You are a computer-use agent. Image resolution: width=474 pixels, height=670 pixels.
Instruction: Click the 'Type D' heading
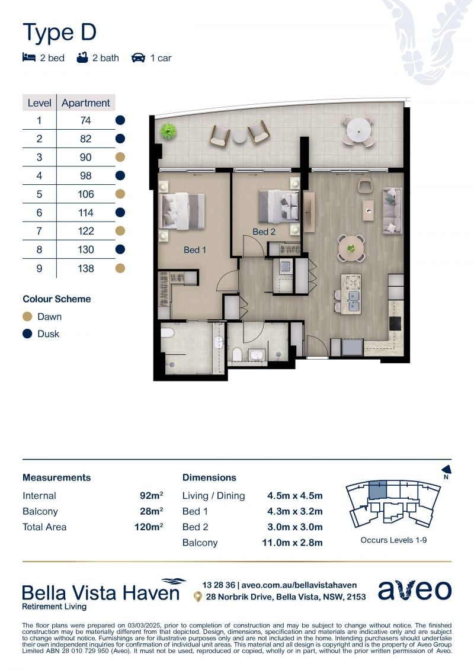click(x=59, y=33)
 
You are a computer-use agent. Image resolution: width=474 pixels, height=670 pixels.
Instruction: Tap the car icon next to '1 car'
click(x=138, y=57)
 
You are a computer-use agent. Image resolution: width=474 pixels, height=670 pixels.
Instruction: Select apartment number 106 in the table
click(x=85, y=194)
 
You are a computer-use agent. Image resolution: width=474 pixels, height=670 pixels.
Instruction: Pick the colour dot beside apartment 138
click(x=120, y=268)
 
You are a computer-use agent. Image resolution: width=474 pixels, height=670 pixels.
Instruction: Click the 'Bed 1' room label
click(x=194, y=250)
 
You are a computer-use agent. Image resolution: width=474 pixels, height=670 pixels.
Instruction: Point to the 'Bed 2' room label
click(x=264, y=232)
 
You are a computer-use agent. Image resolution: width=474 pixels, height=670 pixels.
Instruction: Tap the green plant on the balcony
click(x=168, y=131)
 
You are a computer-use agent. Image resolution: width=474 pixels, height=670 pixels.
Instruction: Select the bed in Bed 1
click(x=182, y=211)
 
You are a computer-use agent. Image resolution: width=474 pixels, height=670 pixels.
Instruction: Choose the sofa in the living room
click(x=392, y=211)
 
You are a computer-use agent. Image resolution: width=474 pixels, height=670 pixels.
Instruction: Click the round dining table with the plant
click(x=351, y=248)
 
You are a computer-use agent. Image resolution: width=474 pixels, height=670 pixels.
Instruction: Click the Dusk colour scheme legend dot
click(x=27, y=334)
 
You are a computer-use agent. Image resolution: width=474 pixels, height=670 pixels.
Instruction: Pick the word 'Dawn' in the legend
click(x=50, y=316)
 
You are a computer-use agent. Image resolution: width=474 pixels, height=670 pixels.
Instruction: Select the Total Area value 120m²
click(x=149, y=527)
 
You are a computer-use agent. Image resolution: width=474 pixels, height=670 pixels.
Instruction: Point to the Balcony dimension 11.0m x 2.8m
click(x=292, y=543)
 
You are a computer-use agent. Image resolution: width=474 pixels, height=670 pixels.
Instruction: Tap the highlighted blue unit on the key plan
click(x=377, y=490)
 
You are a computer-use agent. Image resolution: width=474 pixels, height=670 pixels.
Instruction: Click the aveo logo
click(x=415, y=590)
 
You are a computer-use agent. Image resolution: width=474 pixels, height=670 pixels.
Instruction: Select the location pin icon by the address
click(x=197, y=597)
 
